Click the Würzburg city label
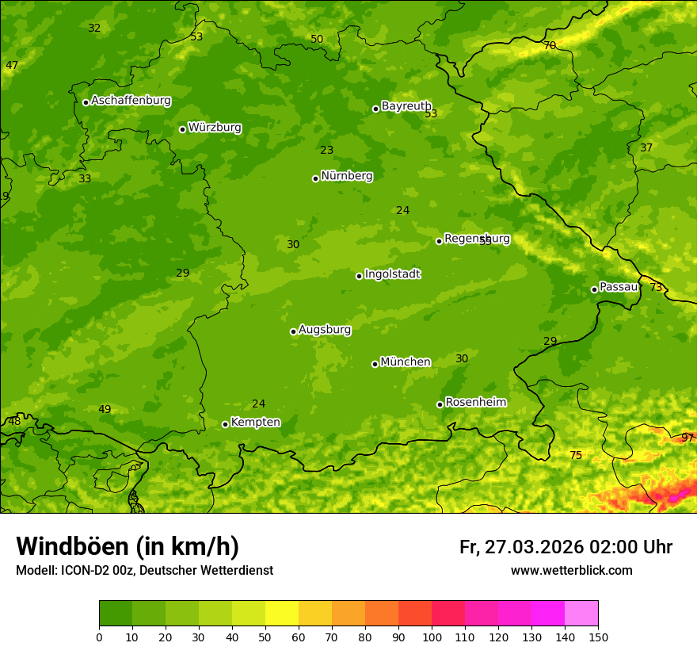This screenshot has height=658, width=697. pos(215,128)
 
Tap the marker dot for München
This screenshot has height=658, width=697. pos(375,364)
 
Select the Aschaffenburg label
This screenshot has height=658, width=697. pos(131,101)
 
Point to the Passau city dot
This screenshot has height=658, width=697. pos(594,289)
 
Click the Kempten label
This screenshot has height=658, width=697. pos(255,423)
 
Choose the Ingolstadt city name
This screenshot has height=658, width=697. pos(392,274)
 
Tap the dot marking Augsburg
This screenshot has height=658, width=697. pos(293,331)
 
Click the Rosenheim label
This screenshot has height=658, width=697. pos(475,403)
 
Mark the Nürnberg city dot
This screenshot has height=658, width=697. pos(315,178)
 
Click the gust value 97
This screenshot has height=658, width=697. pos(687,438)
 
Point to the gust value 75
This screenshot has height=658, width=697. pos(576,455)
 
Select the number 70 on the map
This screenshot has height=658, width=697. pos(550,46)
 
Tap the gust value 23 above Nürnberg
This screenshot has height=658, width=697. pos(327,150)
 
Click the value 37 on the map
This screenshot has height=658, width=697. pos(646,147)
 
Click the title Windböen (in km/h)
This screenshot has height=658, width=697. pos(128,546)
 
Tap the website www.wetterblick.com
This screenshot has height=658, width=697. pos(571,570)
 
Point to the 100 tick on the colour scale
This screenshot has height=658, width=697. pos(432,637)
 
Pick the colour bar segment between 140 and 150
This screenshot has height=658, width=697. pos(581,613)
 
